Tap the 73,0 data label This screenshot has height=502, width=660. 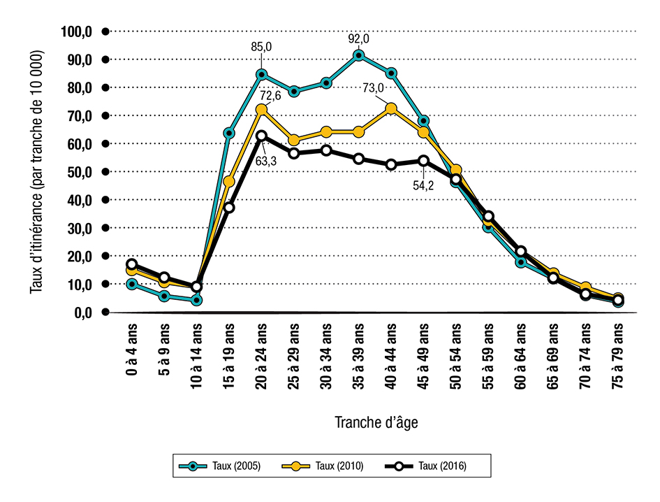(373, 88)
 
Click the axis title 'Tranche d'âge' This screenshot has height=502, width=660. (377, 422)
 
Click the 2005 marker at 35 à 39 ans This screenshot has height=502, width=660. (358, 55)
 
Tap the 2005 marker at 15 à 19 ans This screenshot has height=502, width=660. (228, 133)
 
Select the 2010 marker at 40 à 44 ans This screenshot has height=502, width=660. (391, 108)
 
